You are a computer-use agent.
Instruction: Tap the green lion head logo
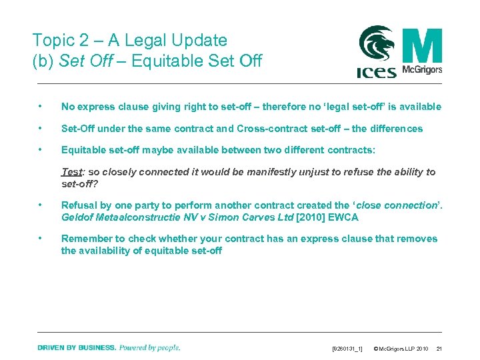point(377,43)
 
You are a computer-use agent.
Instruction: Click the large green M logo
point(422,45)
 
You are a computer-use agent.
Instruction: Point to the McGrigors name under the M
point(422,69)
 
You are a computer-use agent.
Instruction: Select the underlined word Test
point(71,172)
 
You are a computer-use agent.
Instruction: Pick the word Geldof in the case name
point(77,217)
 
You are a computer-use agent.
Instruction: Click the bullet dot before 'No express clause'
point(41,107)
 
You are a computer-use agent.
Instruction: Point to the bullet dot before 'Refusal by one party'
point(41,205)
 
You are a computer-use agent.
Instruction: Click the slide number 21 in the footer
point(438,349)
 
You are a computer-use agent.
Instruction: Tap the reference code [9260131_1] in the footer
point(347,349)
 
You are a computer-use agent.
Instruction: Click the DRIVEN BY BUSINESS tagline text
point(77,348)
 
